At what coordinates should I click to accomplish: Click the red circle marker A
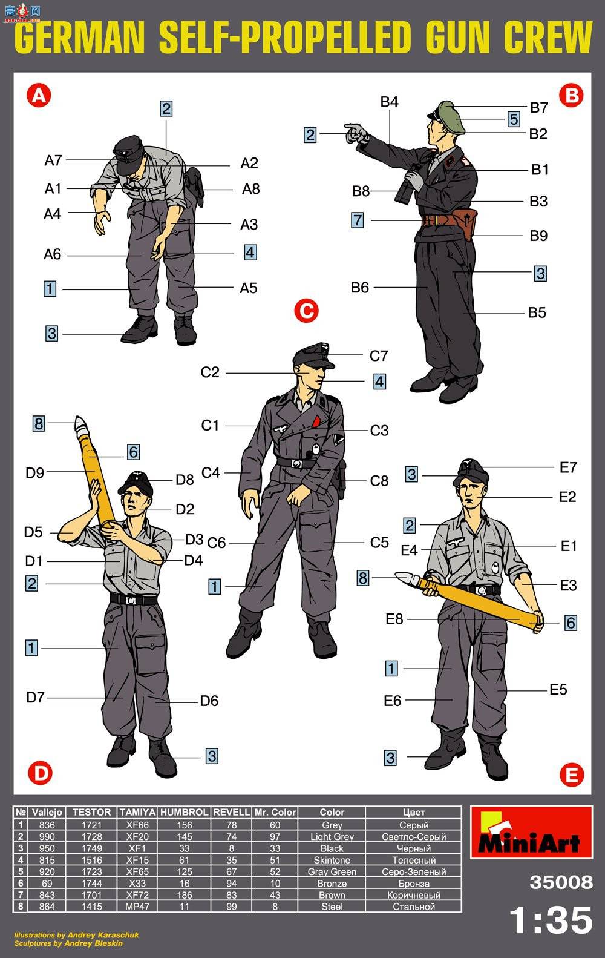[x=39, y=95]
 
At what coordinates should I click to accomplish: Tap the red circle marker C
[x=306, y=311]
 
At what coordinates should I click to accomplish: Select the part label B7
[x=539, y=108]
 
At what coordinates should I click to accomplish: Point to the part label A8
[x=251, y=189]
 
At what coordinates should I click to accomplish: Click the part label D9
[x=35, y=472]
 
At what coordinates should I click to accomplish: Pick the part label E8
[x=394, y=619]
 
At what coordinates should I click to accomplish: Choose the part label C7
[x=379, y=356]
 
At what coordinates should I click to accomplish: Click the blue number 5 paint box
[x=514, y=119]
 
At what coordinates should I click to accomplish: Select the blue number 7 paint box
[x=357, y=220]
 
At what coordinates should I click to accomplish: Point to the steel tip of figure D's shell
[x=80, y=423]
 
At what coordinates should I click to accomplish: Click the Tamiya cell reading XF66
[x=137, y=825]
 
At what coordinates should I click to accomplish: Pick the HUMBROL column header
[x=184, y=812]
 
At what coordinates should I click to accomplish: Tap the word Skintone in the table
[x=332, y=860]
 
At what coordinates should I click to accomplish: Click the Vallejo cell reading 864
[x=47, y=907]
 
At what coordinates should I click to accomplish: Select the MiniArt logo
[x=531, y=832]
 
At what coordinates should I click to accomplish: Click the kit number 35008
[x=561, y=882]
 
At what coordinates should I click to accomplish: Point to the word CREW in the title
[x=548, y=37]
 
